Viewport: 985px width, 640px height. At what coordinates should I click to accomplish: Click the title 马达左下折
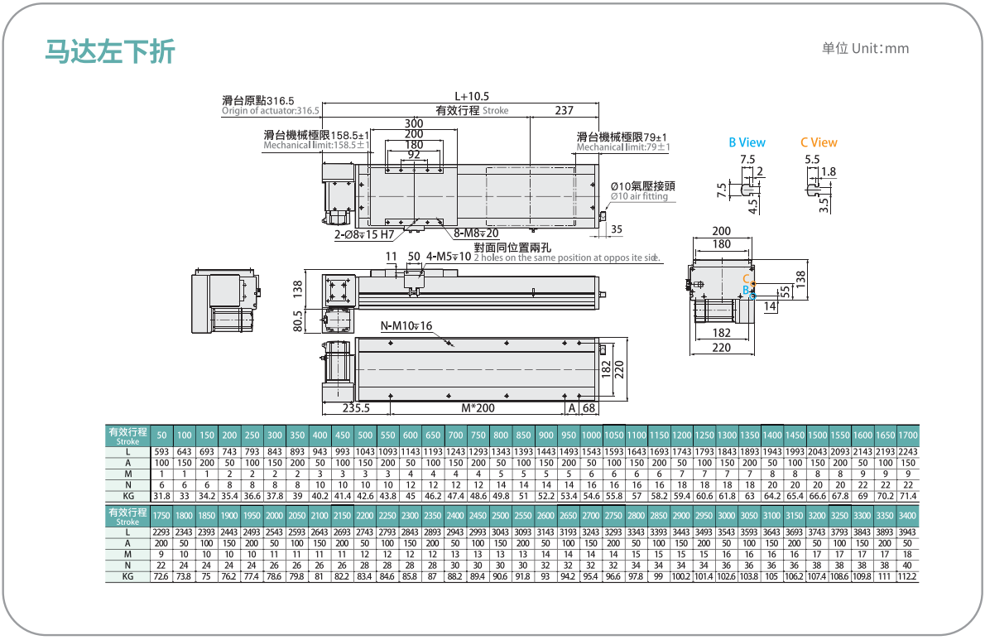[110, 51]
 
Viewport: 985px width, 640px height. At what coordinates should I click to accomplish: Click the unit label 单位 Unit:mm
[865, 48]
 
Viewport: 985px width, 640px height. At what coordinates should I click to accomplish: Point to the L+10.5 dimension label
[472, 96]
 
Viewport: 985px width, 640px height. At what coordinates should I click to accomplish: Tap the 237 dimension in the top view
[565, 111]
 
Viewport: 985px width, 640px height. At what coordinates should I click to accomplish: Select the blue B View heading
[747, 142]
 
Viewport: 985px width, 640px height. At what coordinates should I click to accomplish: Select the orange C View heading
[819, 142]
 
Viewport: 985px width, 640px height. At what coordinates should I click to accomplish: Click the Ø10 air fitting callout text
[639, 196]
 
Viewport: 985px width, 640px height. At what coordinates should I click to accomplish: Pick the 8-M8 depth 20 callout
[476, 233]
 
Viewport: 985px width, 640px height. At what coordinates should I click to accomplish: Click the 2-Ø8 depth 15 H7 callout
[364, 234]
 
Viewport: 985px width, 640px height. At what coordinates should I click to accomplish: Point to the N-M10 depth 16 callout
[406, 325]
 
